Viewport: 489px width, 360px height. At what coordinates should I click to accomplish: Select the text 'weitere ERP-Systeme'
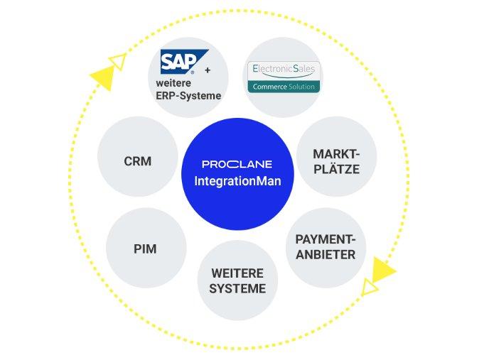pyautogui.click(x=188, y=89)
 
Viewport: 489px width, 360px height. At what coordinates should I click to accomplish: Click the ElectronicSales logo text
pyautogui.click(x=283, y=70)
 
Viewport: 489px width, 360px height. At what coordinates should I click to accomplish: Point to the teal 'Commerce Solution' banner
pyautogui.click(x=283, y=86)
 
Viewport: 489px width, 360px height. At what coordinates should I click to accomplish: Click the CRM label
pyautogui.click(x=137, y=161)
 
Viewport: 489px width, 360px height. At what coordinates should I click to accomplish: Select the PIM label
pyautogui.click(x=145, y=249)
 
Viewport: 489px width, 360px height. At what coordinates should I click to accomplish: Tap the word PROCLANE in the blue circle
pyautogui.click(x=237, y=165)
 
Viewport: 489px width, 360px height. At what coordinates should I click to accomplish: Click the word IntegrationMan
pyautogui.click(x=237, y=181)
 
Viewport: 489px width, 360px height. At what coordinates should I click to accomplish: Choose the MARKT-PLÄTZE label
pyautogui.click(x=336, y=162)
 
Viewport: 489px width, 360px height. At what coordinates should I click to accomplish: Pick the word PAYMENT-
pyautogui.click(x=326, y=240)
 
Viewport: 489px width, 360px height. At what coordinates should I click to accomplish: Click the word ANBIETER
pyautogui.click(x=326, y=254)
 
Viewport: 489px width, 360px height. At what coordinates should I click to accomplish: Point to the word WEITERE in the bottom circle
pyautogui.click(x=237, y=273)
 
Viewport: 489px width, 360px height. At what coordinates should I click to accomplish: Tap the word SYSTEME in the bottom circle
pyautogui.click(x=237, y=288)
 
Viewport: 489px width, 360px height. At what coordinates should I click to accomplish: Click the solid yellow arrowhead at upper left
pyautogui.click(x=102, y=77)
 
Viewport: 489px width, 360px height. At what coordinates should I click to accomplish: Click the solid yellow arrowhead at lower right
pyautogui.click(x=382, y=270)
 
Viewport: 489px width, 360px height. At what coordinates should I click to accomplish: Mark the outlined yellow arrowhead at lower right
pyautogui.click(x=370, y=287)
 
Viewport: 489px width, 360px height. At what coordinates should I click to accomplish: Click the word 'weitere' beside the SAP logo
pyautogui.click(x=173, y=83)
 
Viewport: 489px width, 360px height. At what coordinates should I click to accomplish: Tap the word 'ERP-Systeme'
pyautogui.click(x=188, y=96)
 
